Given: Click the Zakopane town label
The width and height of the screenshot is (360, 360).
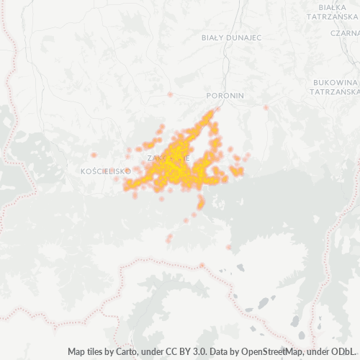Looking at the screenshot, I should (167, 157).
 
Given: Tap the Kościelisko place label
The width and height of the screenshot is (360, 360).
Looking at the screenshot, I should (106, 171).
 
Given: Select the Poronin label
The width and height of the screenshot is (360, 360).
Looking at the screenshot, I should (225, 95).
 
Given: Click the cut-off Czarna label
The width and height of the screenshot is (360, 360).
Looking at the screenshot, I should (346, 32).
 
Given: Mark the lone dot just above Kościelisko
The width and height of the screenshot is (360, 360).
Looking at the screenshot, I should (94, 155).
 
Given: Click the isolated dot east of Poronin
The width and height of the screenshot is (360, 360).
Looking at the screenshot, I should (266, 108).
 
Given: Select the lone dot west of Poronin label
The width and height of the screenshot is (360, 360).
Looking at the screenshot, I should (170, 94).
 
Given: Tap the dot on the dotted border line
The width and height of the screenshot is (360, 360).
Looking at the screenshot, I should (202, 265).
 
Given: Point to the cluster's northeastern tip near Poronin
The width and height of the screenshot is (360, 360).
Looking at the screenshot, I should (212, 112).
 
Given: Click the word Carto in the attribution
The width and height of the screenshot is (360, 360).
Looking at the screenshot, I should (125, 352).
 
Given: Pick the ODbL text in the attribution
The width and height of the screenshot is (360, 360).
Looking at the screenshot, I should (343, 352).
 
